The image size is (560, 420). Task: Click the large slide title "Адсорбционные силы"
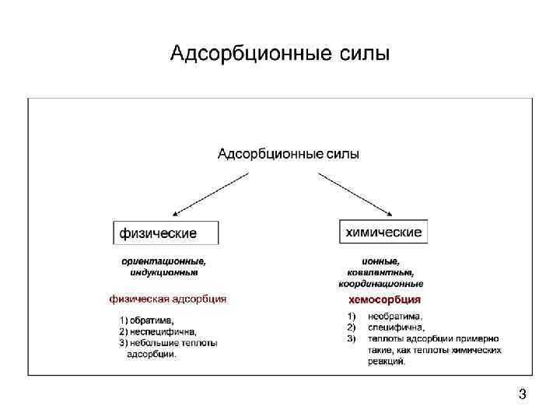pos(279,54)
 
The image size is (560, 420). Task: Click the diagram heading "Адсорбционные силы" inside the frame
pos(288,154)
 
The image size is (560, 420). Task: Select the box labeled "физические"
pos(166,233)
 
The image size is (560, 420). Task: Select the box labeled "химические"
pos(383,231)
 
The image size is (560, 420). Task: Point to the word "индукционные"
pos(163,272)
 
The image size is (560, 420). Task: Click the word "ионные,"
pos(380,261)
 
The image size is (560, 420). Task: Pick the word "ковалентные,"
pos(380,272)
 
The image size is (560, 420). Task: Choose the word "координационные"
pos(380,284)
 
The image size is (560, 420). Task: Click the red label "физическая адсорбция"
pos(168,298)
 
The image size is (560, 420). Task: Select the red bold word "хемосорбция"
pos(384,299)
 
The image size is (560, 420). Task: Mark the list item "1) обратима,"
pos(146,320)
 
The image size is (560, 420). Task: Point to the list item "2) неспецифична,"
pos(157,331)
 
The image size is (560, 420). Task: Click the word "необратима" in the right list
pos(395,316)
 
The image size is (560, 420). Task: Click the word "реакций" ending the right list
pos(387,361)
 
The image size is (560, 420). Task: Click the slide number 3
pos(522,394)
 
